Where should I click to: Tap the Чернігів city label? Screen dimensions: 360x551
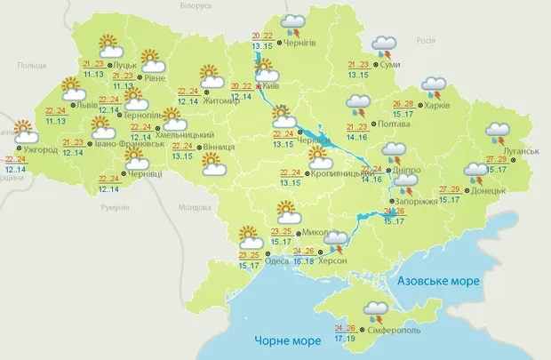pos(303,42)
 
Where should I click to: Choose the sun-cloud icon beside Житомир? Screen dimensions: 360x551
pos(211,74)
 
